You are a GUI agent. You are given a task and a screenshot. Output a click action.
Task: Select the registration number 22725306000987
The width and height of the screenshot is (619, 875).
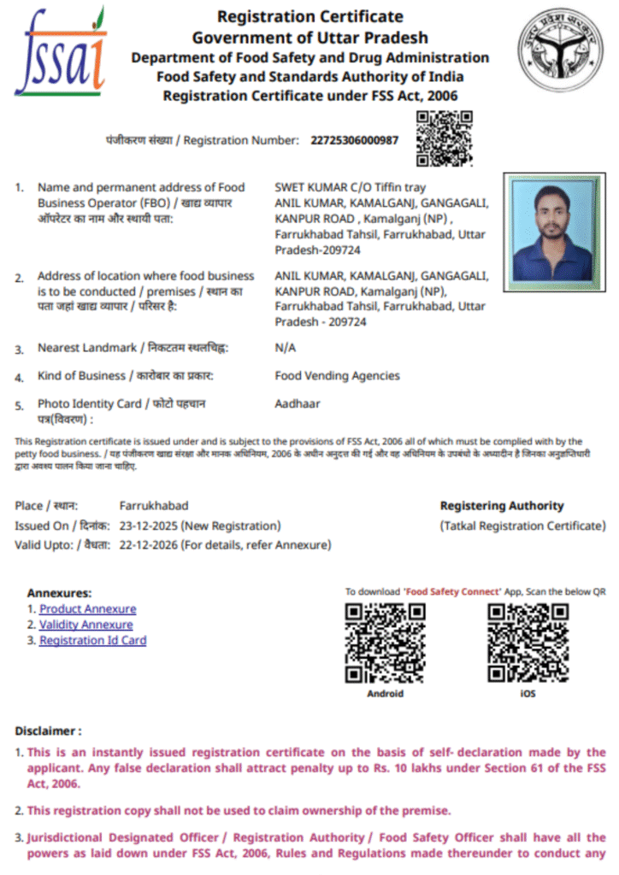pyautogui.click(x=355, y=140)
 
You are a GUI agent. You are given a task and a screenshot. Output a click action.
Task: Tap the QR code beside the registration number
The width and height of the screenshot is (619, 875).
pyautogui.click(x=444, y=138)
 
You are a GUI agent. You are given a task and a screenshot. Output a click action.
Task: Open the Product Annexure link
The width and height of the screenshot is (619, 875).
pyautogui.click(x=87, y=609)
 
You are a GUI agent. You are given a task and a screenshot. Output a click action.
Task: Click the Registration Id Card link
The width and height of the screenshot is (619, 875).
pyautogui.click(x=92, y=640)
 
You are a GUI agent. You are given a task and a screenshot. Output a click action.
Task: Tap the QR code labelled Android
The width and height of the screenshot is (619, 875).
pyautogui.click(x=385, y=643)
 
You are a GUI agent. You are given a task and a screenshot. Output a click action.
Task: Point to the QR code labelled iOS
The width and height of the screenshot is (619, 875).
pyautogui.click(x=528, y=643)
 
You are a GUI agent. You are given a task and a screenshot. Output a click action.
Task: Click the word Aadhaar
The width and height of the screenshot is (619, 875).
pyautogui.click(x=298, y=403)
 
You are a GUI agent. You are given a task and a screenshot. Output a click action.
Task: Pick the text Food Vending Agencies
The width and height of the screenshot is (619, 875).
pyautogui.click(x=337, y=375)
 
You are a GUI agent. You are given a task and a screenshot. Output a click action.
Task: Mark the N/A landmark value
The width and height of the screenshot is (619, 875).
pyautogui.click(x=285, y=348)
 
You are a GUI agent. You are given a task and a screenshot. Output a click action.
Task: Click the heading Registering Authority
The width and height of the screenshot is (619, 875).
pyautogui.click(x=502, y=506)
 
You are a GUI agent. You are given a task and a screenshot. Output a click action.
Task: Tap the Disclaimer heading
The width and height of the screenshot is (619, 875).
pyautogui.click(x=48, y=731)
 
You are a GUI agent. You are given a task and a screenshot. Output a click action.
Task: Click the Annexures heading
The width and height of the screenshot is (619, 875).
pyautogui.click(x=59, y=593)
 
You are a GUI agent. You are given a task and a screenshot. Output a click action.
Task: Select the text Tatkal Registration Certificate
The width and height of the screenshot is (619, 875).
pyautogui.click(x=523, y=526)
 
